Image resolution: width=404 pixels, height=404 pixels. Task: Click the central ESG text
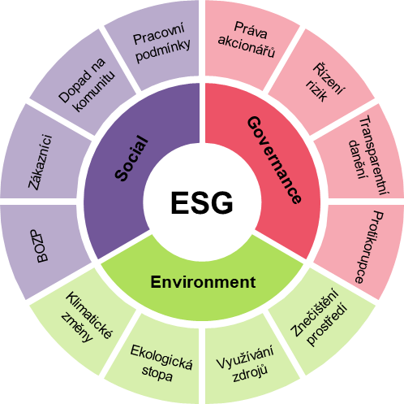[x=202, y=202]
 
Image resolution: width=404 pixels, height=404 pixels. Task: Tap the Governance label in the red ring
[x=274, y=160]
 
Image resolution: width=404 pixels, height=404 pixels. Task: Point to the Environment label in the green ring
[x=203, y=282]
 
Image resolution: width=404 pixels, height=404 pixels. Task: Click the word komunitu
[x=94, y=92]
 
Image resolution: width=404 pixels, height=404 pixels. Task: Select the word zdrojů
[x=250, y=373]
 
